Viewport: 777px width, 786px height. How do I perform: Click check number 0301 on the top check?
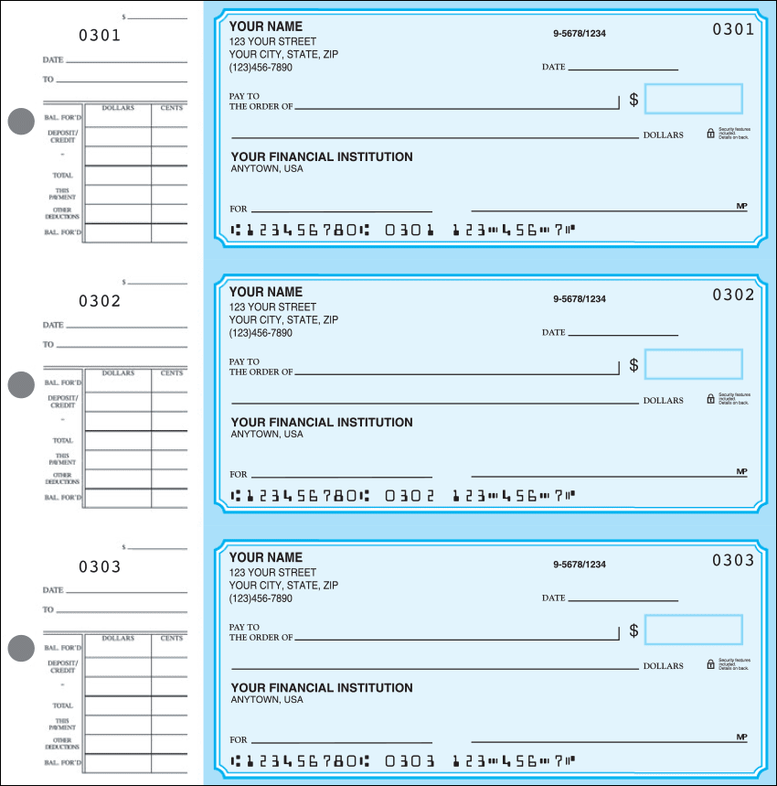click(733, 29)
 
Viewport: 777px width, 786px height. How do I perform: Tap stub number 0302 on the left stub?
click(100, 301)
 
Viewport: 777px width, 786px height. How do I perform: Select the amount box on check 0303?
click(693, 630)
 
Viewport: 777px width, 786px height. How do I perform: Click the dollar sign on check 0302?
click(633, 365)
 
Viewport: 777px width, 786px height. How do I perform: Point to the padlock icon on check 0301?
click(710, 134)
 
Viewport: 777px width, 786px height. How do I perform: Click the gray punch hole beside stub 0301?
click(20, 122)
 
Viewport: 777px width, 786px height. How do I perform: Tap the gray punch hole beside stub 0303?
click(20, 649)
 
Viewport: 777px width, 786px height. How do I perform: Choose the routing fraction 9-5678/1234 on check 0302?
click(579, 299)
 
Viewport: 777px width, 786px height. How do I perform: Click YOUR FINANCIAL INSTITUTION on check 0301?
click(322, 156)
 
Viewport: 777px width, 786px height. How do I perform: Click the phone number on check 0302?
click(261, 333)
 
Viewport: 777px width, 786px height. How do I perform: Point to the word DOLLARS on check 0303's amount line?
click(663, 666)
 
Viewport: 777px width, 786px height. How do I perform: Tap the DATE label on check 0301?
click(553, 68)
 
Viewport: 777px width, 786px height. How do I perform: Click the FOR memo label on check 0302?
click(238, 475)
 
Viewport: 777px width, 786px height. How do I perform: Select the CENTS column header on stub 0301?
click(172, 108)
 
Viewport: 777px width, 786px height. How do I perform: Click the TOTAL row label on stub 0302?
click(62, 440)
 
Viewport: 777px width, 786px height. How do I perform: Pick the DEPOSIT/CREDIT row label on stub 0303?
click(62, 666)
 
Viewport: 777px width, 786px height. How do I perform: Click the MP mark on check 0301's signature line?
click(741, 206)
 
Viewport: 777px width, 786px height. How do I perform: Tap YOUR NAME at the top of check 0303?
click(265, 557)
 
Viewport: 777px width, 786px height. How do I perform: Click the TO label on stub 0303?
click(48, 609)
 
